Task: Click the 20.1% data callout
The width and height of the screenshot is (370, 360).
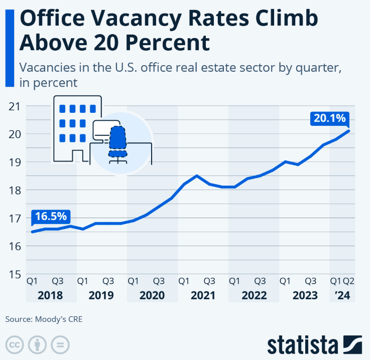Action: pos(329,119)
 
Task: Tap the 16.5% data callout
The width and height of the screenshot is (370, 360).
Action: pos(50,217)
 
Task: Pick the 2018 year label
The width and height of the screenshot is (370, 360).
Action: pos(50,295)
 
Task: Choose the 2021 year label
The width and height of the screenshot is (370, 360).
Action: pos(203,295)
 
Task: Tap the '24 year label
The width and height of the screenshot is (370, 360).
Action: pos(342,295)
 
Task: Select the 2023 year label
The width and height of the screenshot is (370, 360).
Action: pos(304,295)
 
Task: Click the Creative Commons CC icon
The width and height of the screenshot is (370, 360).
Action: pos(15,345)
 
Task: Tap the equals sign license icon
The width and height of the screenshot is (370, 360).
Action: pos(60,345)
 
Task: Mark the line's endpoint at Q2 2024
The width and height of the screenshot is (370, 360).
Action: pos(349,131)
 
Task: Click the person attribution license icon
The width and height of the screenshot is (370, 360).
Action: pos(38,345)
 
